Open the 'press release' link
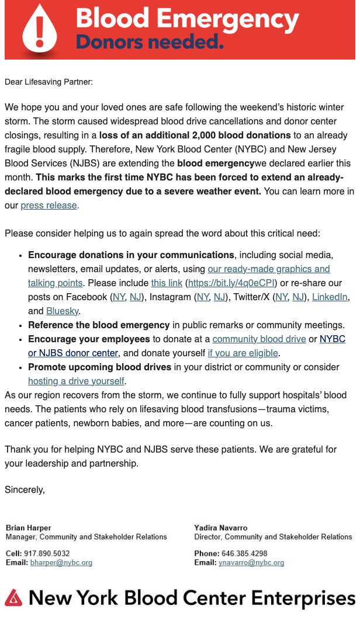[x=49, y=205]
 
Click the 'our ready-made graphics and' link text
[x=269, y=269]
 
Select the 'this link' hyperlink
[x=166, y=283]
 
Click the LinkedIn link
[x=330, y=297]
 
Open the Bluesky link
[x=63, y=311]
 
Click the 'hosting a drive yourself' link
[x=76, y=381]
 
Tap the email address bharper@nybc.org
[x=61, y=563]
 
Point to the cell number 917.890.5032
[x=47, y=554]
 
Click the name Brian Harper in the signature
[x=29, y=527]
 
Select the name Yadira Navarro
[x=221, y=527]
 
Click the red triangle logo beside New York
[x=13, y=597]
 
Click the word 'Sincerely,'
[x=25, y=489]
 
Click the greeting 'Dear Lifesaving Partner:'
[x=49, y=82]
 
